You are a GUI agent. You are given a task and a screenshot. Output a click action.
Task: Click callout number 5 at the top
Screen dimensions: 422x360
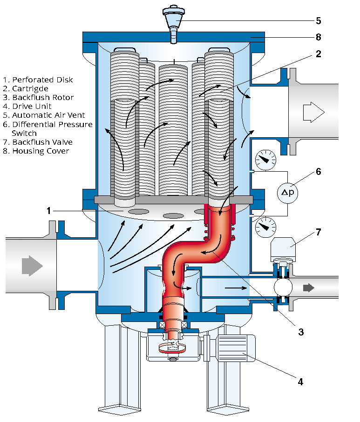pos(318,21)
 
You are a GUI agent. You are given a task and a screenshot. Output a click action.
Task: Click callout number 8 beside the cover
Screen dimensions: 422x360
pos(318,37)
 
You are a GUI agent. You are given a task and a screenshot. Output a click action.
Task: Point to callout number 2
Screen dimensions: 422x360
pos(318,54)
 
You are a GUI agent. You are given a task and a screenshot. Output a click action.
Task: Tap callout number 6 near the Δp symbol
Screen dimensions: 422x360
pos(318,171)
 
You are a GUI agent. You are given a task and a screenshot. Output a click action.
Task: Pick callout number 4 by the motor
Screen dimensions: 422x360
pos(300,382)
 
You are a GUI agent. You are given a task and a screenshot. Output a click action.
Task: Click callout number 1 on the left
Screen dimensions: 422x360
pos(48,211)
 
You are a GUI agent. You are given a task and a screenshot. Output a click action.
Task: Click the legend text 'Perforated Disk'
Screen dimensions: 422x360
pos(40,79)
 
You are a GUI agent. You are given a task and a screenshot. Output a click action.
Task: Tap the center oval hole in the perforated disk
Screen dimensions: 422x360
pos(173,216)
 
